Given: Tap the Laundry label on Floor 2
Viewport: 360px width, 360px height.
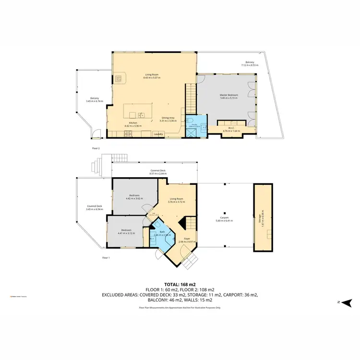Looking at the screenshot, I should coord(156,134).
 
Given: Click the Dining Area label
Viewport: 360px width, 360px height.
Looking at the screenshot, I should coord(168,118).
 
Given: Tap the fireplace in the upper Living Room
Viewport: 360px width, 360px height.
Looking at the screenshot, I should coord(120,78).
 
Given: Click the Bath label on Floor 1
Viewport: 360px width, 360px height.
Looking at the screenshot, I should coord(162,232).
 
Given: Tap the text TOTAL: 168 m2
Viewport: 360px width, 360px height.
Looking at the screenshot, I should coord(180,284).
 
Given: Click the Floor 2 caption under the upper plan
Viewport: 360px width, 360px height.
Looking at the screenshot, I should coord(96,148).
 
